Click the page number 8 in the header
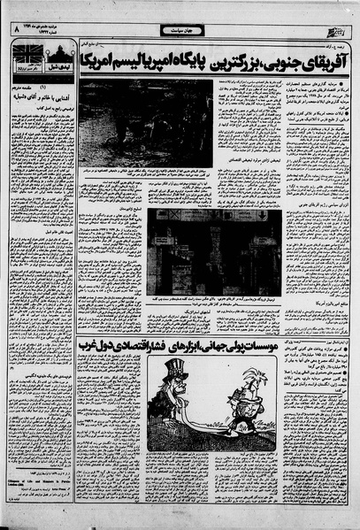[x=15, y=28]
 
